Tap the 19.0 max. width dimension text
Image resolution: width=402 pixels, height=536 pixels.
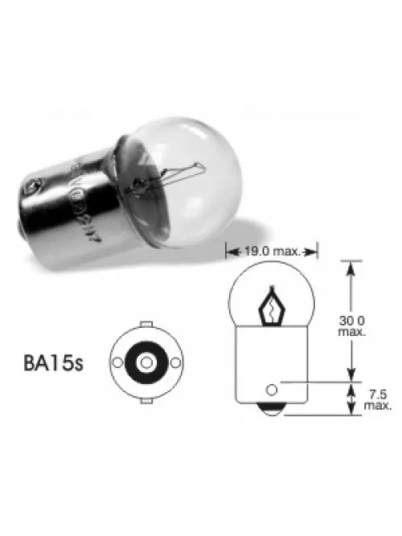point(273,251)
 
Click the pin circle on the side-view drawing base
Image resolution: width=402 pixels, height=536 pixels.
point(271,391)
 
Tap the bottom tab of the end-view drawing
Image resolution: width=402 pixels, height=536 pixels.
point(146,398)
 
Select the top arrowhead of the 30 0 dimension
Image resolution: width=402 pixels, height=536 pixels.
point(351,268)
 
